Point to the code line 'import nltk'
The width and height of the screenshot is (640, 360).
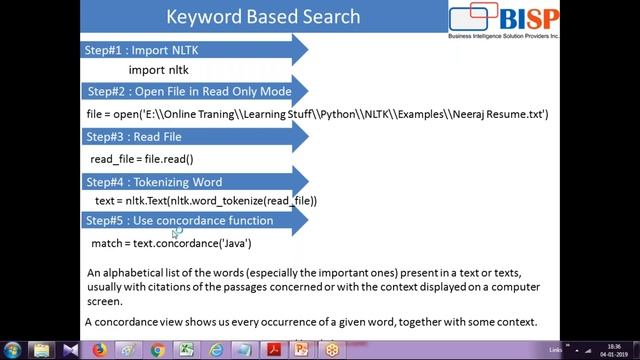[x=158, y=70]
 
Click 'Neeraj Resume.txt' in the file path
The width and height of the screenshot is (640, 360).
[x=499, y=115]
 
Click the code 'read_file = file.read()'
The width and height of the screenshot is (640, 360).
[x=141, y=159]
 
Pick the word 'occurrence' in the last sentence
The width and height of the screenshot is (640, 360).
[x=280, y=322]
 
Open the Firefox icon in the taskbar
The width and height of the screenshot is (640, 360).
[x=100, y=350]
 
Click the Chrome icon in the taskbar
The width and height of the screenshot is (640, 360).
[x=158, y=350]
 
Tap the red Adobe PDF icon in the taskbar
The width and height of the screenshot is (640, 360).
[x=272, y=350]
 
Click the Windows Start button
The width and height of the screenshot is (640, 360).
[x=12, y=350]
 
